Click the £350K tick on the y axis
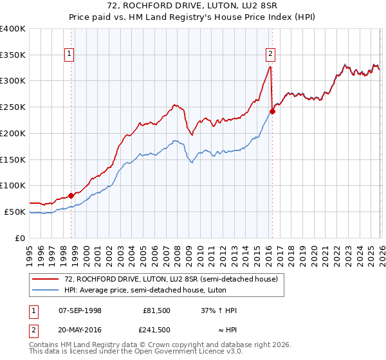coord(13,55)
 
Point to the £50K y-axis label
coord(15,212)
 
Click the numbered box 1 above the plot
coord(69,55)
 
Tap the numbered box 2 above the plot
coord(270,55)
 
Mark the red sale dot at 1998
coord(71,195)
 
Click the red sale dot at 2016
coord(272,112)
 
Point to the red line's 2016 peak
coord(270,66)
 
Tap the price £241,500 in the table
coord(156,330)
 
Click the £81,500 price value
coord(156,310)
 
